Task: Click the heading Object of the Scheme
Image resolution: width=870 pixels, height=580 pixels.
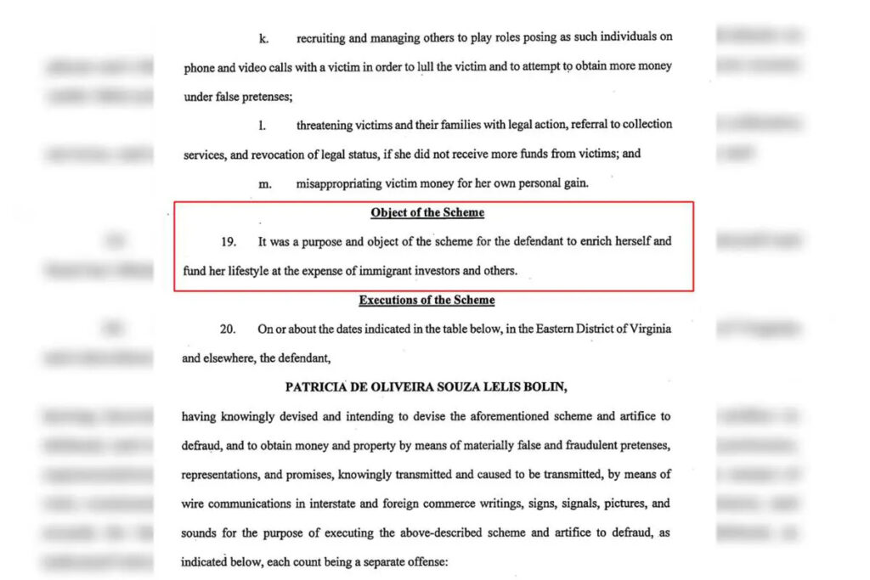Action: [427, 213]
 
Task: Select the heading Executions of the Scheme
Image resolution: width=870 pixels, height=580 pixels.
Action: [427, 300]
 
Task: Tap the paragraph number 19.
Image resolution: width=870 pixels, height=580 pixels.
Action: [229, 242]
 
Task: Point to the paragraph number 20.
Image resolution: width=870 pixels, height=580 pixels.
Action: [228, 329]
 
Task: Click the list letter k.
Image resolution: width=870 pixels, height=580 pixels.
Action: [263, 38]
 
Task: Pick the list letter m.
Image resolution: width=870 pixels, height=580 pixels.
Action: [264, 183]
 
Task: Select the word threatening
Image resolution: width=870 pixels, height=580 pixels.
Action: [325, 125]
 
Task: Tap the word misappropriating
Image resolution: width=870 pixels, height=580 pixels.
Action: [338, 183]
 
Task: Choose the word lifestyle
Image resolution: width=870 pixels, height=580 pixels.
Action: [251, 271]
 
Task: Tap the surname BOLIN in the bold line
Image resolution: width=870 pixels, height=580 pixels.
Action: [544, 387]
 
